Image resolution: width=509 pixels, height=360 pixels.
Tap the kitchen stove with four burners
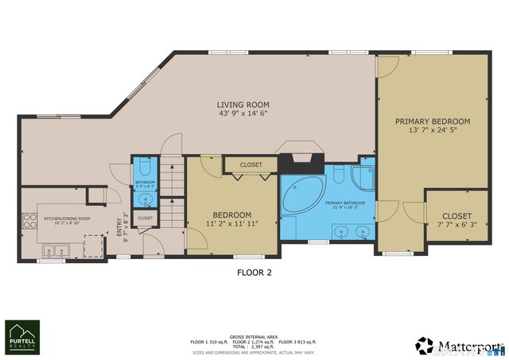30,220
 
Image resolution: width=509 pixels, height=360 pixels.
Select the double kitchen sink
54,252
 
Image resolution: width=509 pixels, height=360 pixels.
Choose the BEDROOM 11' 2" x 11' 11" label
231,219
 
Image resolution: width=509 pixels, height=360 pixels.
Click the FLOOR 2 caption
254,272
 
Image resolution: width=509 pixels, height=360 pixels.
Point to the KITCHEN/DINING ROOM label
68,219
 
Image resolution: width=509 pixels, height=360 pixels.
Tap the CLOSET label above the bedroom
251,165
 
